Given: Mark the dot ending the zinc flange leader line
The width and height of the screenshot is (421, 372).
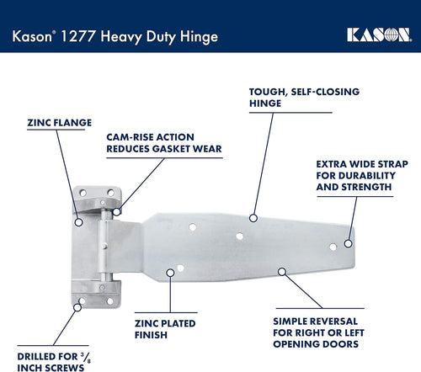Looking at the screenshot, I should tap(78, 222).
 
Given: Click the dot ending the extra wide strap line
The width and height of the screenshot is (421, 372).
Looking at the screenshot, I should tap(348, 244).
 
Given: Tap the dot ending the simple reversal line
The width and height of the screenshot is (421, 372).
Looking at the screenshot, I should tap(282, 271).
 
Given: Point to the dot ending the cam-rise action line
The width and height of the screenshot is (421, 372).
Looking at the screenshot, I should tap(117, 211).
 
